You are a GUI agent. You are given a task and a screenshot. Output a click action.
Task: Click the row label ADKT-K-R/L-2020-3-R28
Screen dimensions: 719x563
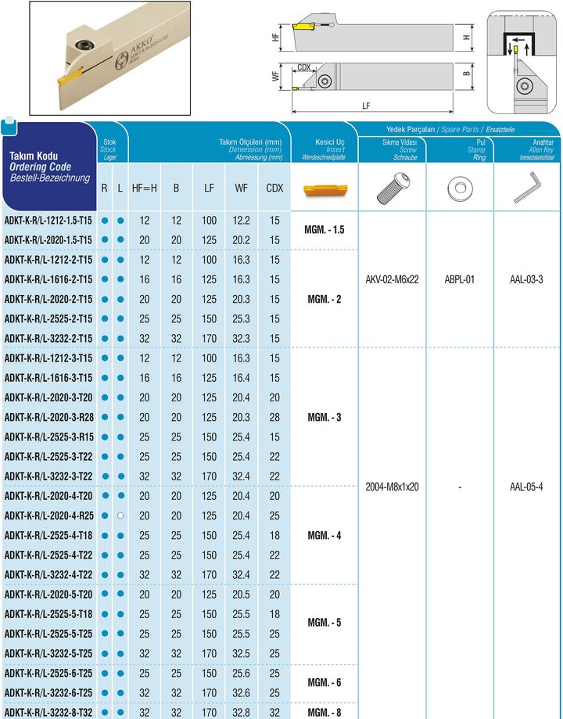point(48,417)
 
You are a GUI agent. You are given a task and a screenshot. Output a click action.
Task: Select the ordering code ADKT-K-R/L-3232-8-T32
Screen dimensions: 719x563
point(48,712)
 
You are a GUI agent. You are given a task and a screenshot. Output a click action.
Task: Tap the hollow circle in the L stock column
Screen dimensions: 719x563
point(120,516)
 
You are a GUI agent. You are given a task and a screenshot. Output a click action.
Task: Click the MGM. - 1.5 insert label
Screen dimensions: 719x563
point(325,230)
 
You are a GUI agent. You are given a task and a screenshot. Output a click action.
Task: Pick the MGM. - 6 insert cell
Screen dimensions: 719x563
point(325,683)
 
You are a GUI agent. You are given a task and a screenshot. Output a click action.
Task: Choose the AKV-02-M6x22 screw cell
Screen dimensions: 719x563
point(392,279)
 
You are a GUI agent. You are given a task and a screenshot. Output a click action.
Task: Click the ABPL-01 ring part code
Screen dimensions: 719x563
point(460,279)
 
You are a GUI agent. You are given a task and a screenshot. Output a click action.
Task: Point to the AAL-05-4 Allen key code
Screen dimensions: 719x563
point(526,486)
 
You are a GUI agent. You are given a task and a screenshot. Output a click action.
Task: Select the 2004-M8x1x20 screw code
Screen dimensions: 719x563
point(392,486)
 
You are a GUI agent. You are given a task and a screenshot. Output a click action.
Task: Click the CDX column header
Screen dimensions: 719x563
point(274,188)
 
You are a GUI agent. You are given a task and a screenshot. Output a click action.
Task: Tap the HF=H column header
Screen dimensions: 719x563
point(144,188)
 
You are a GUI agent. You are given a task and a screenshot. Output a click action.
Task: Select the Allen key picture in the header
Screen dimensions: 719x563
point(527,187)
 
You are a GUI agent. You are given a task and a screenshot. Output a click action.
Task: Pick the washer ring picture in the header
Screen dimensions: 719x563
point(460,187)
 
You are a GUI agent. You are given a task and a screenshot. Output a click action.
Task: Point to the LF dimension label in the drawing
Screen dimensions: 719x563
point(367,106)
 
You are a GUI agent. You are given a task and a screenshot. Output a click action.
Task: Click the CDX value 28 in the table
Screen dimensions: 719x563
point(274,417)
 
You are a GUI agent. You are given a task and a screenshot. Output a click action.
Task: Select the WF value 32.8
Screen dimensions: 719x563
point(242,712)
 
